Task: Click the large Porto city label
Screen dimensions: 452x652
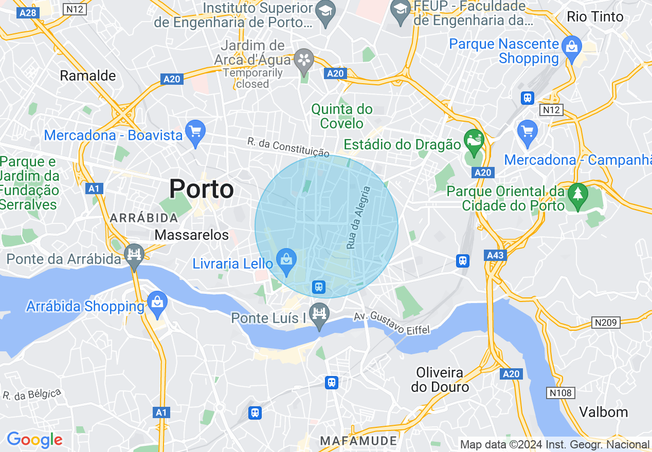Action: [x=202, y=189]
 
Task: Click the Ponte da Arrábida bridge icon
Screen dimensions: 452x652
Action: [x=134, y=255]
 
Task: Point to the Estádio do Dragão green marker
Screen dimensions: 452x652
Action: [x=473, y=140]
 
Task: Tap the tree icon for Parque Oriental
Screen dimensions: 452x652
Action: [x=578, y=194]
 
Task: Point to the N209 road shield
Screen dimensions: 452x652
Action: [x=606, y=323]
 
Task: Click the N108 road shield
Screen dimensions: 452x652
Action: [x=560, y=393]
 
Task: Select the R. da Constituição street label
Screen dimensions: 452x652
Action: [x=288, y=146]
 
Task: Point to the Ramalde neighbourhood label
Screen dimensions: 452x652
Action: [x=88, y=76]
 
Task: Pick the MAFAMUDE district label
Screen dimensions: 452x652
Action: [x=358, y=441]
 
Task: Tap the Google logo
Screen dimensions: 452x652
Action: [x=34, y=440]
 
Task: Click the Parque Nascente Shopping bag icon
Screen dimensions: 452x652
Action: [x=571, y=47]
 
